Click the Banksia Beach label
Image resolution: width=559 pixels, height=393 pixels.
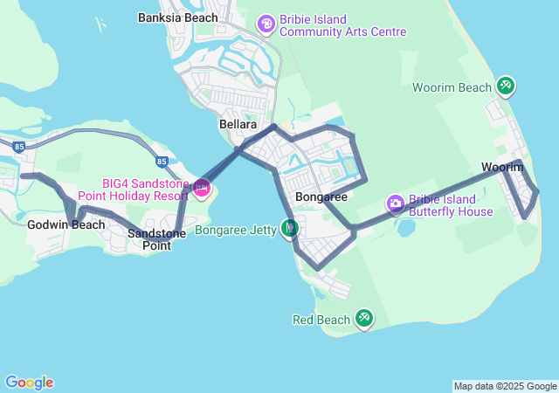pyautogui.click(x=178, y=17)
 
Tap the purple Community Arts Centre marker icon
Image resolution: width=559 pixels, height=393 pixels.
pyautogui.click(x=266, y=23)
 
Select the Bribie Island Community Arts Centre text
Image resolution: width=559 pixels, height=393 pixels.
pyautogui.click(x=343, y=26)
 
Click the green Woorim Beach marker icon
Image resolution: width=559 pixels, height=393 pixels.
pyautogui.click(x=506, y=86)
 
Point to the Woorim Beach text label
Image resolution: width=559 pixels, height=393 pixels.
pyautogui.click(x=452, y=88)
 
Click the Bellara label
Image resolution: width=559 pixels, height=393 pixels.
pyautogui.click(x=238, y=126)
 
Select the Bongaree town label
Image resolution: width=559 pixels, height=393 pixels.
pyautogui.click(x=321, y=197)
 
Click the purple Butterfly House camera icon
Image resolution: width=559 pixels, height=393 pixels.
pyautogui.click(x=396, y=203)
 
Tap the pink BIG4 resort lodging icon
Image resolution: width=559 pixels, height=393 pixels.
pyautogui.click(x=202, y=187)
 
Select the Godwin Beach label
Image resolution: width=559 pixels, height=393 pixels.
pyautogui.click(x=66, y=224)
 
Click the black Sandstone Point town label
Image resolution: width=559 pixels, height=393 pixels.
pyautogui.click(x=149, y=239)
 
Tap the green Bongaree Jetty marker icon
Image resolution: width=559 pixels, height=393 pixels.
pyautogui.click(x=290, y=229)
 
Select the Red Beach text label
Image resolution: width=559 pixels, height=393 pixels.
pyautogui.click(x=321, y=321)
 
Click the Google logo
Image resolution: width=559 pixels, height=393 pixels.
pyautogui.click(x=29, y=383)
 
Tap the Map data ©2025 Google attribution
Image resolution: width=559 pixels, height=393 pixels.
pyautogui.click(x=505, y=386)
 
